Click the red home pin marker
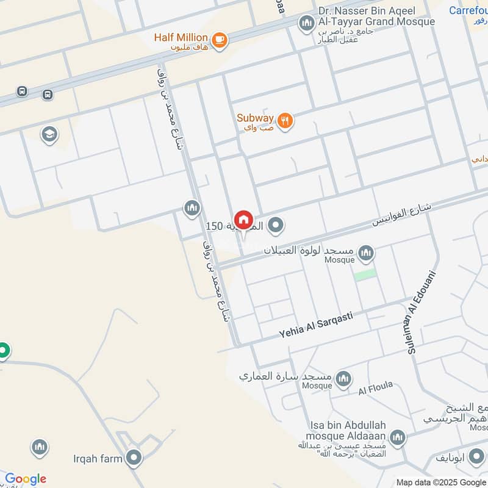pyautogui.click(x=243, y=220)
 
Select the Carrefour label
pyautogui.click(x=468, y=10)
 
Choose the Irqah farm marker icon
pyautogui.click(x=134, y=457)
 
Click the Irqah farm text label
pyautogui.click(x=98, y=458)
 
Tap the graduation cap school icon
pyautogui.click(x=49, y=134)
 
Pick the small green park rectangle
pyautogui.click(x=365, y=274)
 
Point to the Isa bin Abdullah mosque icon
pyautogui.click(x=397, y=437)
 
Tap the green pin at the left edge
pyautogui.click(x=4, y=351)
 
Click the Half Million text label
pyautogui.click(x=181, y=37)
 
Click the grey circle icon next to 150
pyautogui.click(x=276, y=226)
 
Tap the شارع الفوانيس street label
pyautogui.click(x=403, y=215)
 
